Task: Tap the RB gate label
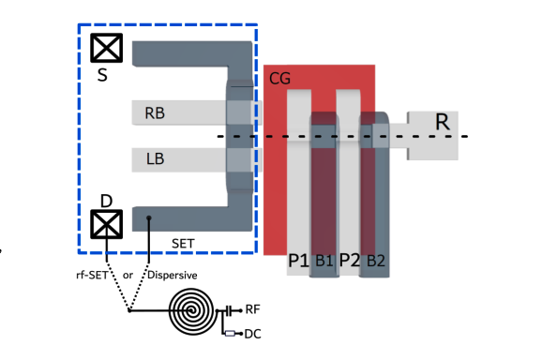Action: click(x=157, y=113)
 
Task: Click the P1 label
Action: click(x=298, y=261)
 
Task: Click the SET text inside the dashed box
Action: click(x=185, y=243)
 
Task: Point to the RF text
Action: click(x=253, y=308)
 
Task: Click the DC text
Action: click(x=252, y=333)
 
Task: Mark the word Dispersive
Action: click(x=174, y=276)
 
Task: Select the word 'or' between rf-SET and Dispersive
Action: click(x=129, y=276)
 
